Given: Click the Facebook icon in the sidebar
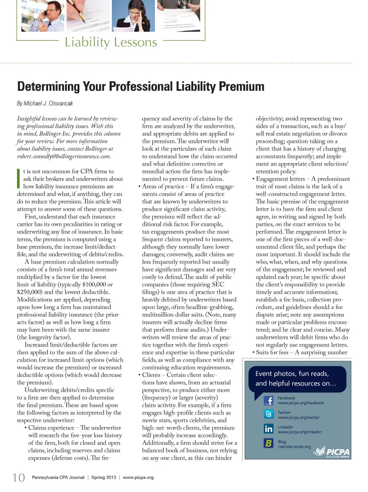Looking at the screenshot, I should point(268,401).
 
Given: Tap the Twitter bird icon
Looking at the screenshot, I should point(268,414).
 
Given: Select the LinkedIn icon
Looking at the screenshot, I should point(268,429).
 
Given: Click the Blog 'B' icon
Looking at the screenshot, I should point(268,443).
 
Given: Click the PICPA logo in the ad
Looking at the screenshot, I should point(332,452).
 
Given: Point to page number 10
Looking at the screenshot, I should point(18,478).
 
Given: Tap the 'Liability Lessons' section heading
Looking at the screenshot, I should point(111,42).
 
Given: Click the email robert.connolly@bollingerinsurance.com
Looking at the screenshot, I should point(64,156).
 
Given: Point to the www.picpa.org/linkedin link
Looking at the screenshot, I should point(299,432).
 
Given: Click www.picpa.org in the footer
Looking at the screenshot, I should point(138,477).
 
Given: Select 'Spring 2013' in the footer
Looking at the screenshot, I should point(103,477).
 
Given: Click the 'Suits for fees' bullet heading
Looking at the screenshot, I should point(272,353).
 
